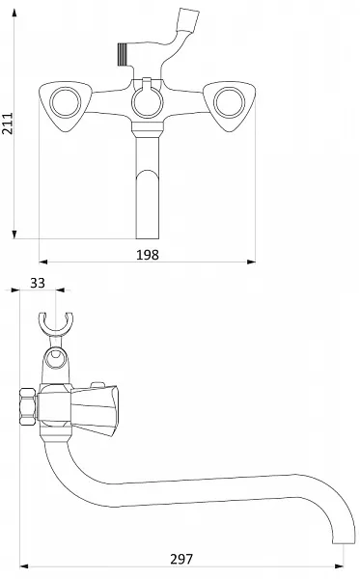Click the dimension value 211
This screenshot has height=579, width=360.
pos(8,124)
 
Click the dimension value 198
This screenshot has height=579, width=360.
pos(148,255)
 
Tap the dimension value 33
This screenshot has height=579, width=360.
pos(38,283)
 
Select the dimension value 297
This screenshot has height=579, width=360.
pos(181,559)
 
